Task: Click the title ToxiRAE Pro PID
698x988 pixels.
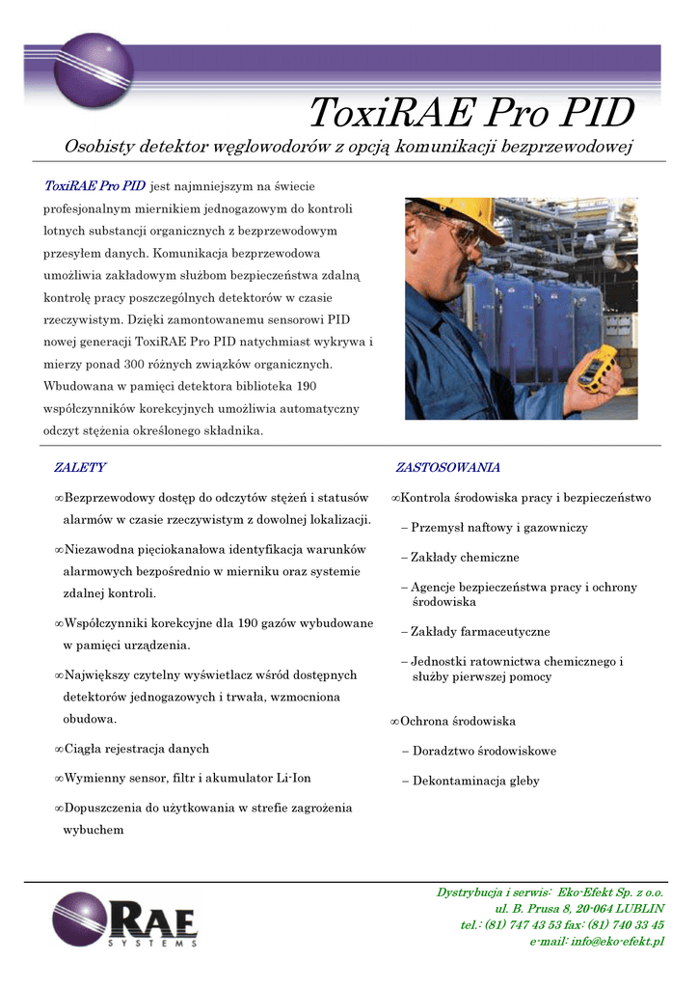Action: pos(470,114)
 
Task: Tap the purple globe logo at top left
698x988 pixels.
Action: pos(93,69)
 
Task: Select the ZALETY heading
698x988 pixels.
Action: pos(80,468)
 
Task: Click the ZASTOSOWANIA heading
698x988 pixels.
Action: pos(448,468)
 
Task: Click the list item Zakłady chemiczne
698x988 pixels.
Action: pos(465,558)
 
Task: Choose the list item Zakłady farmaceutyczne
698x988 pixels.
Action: pos(480,632)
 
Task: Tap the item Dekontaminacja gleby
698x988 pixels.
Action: pos(475,782)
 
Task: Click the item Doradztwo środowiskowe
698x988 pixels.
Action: pos(484,752)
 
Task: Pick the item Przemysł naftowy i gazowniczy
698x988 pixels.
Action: pos(499,528)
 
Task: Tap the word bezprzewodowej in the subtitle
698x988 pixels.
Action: pos(569,147)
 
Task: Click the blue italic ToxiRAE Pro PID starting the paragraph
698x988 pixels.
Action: pos(94,185)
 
